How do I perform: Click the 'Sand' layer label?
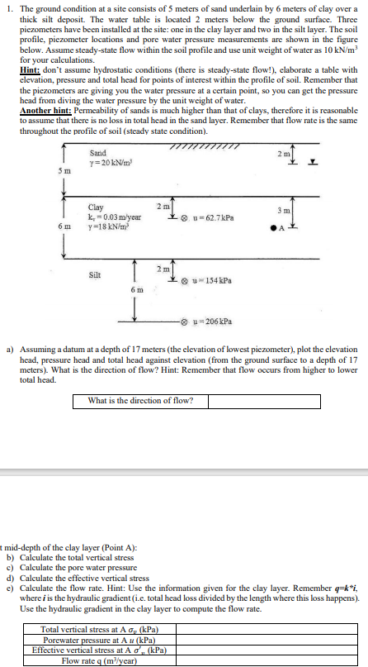point(97,153)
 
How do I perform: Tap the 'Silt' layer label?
point(95,274)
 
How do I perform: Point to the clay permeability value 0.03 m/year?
point(115,216)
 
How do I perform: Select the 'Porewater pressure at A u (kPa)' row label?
point(100,641)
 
